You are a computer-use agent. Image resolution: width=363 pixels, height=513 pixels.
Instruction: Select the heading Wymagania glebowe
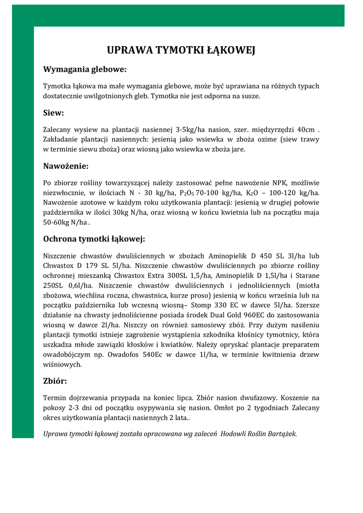coord(85,69)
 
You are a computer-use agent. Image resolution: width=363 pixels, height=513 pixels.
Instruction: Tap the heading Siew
coord(54,113)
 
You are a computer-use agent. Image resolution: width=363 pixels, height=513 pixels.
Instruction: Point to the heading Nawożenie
coord(66,166)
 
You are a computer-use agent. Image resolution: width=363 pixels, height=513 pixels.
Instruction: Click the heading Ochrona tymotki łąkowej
coord(94,238)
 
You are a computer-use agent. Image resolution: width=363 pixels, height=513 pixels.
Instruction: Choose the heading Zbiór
coord(55,381)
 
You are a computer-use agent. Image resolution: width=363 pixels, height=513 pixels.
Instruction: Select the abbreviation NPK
coord(282,182)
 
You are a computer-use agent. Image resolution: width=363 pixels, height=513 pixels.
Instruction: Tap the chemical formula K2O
coord(252,192)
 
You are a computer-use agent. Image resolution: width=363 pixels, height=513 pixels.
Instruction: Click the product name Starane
coord(307,276)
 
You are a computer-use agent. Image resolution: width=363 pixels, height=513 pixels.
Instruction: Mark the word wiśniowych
coord(62,365)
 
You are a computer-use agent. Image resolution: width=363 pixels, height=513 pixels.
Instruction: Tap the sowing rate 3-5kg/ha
coord(192,129)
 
